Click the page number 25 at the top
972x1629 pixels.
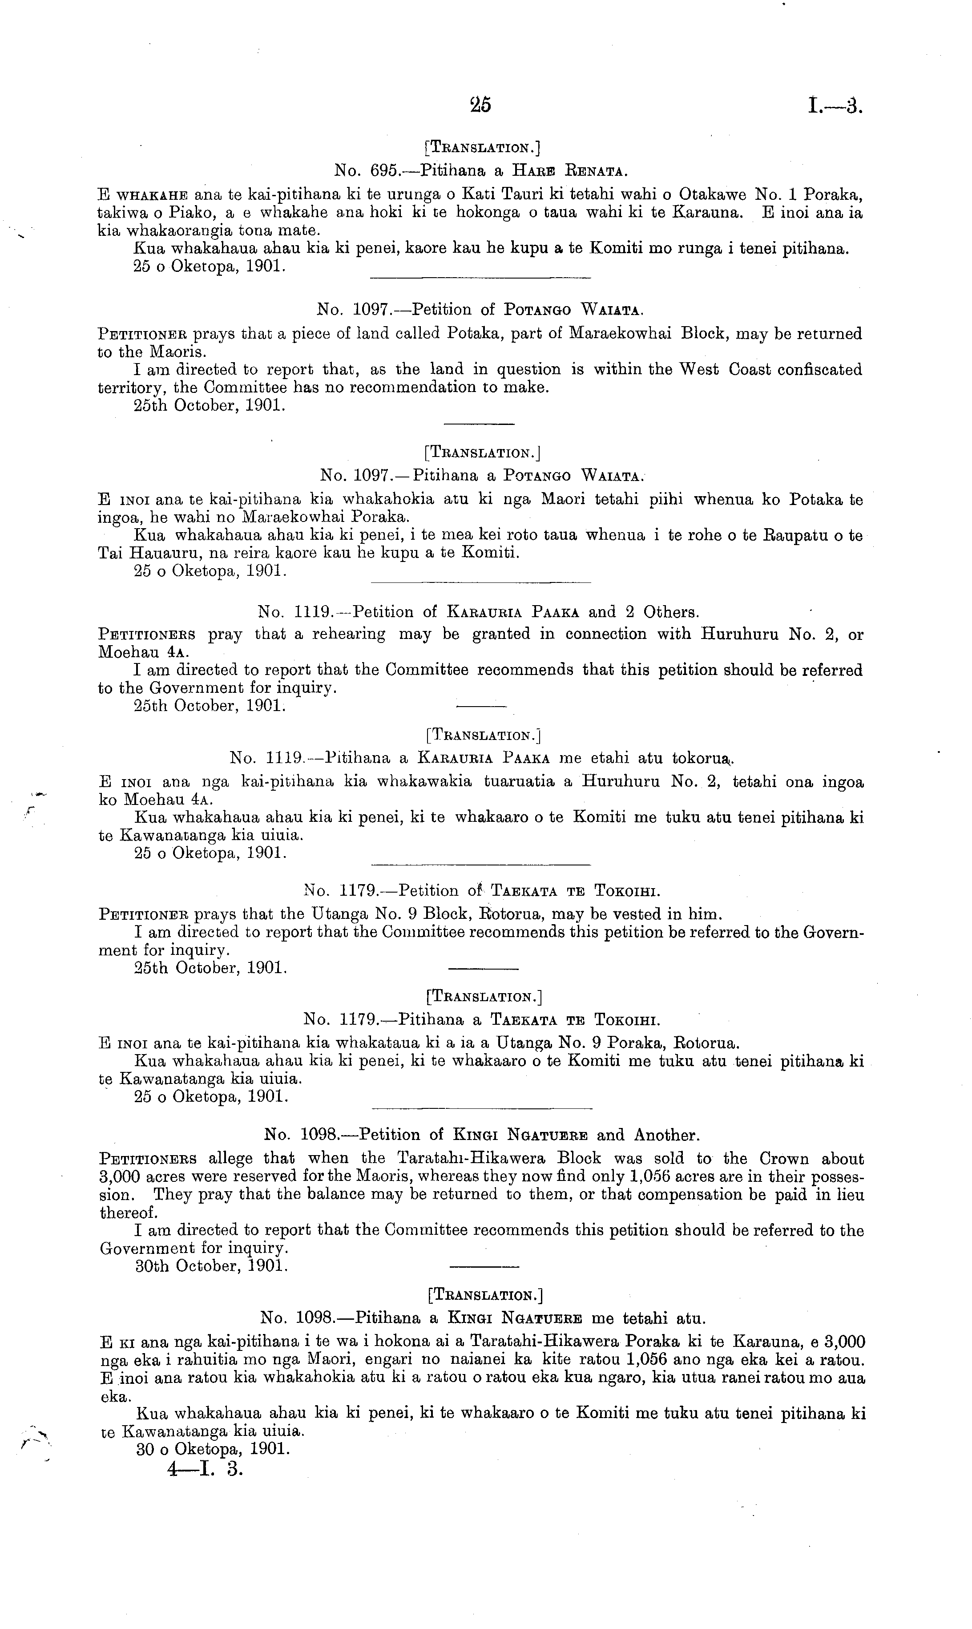480,105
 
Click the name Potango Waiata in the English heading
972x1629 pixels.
574,309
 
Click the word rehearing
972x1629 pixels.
348,634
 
